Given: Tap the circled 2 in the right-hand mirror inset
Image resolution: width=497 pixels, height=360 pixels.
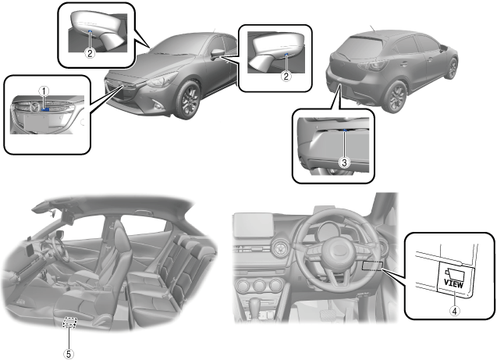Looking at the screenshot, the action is click(x=287, y=76).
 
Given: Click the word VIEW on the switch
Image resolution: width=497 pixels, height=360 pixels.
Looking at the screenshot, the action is click(x=453, y=284).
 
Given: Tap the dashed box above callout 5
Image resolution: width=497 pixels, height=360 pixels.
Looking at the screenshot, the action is click(x=71, y=323).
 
